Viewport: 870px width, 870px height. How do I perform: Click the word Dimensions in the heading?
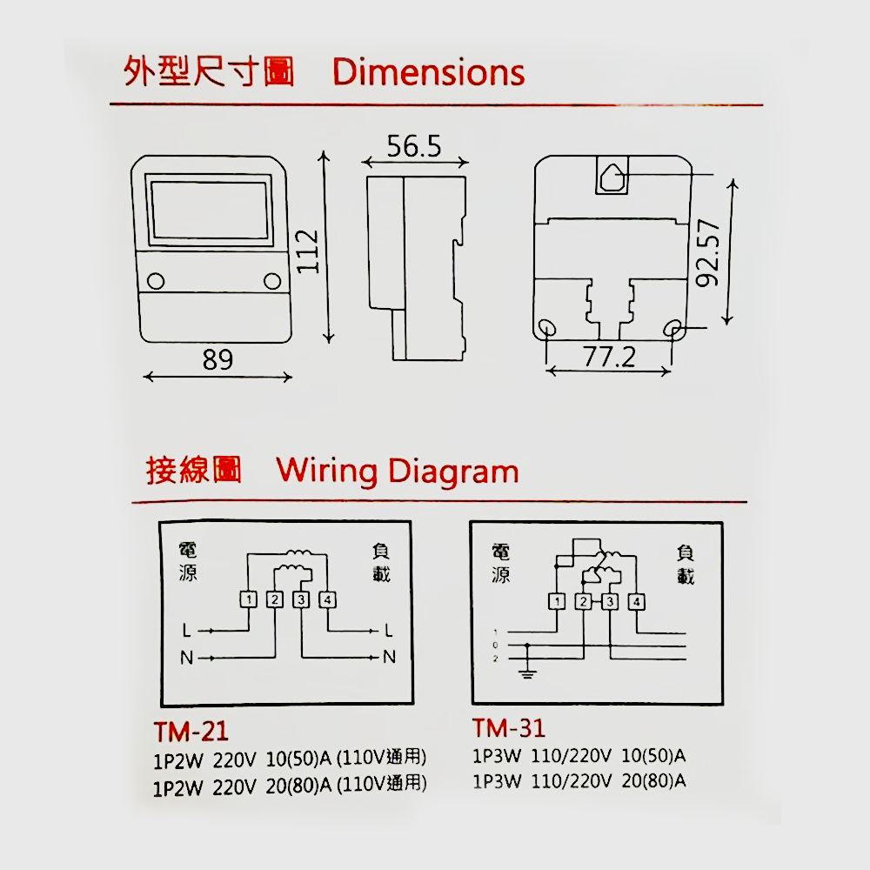coord(429,72)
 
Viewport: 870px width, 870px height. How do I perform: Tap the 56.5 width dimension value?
coord(414,146)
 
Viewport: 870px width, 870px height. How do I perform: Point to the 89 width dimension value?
coord(217,359)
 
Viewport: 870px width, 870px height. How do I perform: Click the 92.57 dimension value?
coord(709,252)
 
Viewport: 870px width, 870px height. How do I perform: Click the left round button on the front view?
coord(156,281)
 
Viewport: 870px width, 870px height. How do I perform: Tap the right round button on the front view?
coord(272,281)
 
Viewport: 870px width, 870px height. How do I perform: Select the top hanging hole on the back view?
coord(614,177)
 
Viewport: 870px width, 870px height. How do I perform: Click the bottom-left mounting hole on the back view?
coord(548,329)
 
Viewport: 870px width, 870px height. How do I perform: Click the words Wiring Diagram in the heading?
coord(398,472)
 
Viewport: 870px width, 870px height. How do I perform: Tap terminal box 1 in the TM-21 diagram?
coord(249,599)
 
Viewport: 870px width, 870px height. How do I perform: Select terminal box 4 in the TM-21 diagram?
coord(327,599)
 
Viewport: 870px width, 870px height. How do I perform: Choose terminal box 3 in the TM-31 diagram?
coord(610,601)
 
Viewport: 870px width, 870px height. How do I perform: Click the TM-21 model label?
coord(191,729)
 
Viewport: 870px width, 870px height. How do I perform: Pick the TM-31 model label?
coord(509,727)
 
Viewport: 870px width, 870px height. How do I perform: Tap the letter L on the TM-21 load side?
coord(388,629)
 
